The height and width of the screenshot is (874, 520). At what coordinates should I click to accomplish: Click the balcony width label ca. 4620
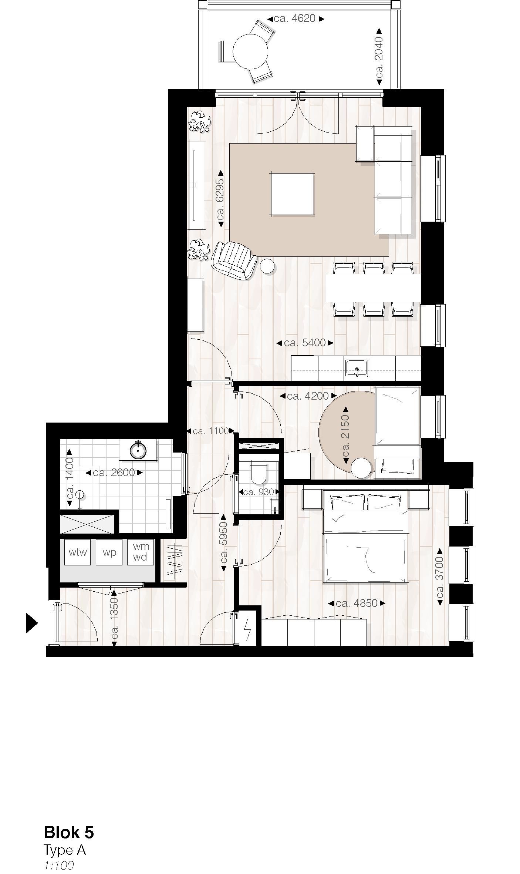pyautogui.click(x=296, y=19)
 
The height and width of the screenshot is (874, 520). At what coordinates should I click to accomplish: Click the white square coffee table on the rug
pyautogui.click(x=292, y=194)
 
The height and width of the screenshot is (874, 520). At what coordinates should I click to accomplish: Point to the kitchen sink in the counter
pyautogui.click(x=357, y=368)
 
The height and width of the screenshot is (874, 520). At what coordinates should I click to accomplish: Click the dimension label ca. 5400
pyautogui.click(x=305, y=343)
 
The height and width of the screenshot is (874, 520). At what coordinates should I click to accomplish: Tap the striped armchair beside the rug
pyautogui.click(x=234, y=260)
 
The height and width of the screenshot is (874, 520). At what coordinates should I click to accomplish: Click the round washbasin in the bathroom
pyautogui.click(x=138, y=450)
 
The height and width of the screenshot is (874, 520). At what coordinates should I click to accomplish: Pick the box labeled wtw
pyautogui.click(x=78, y=552)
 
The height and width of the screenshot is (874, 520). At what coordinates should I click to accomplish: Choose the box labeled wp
pyautogui.click(x=109, y=552)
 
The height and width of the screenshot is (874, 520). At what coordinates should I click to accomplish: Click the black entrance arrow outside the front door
pyautogui.click(x=32, y=623)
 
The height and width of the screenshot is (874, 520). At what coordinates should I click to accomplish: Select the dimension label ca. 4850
pyautogui.click(x=357, y=603)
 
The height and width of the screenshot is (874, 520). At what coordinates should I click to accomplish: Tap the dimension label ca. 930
pyautogui.click(x=259, y=492)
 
